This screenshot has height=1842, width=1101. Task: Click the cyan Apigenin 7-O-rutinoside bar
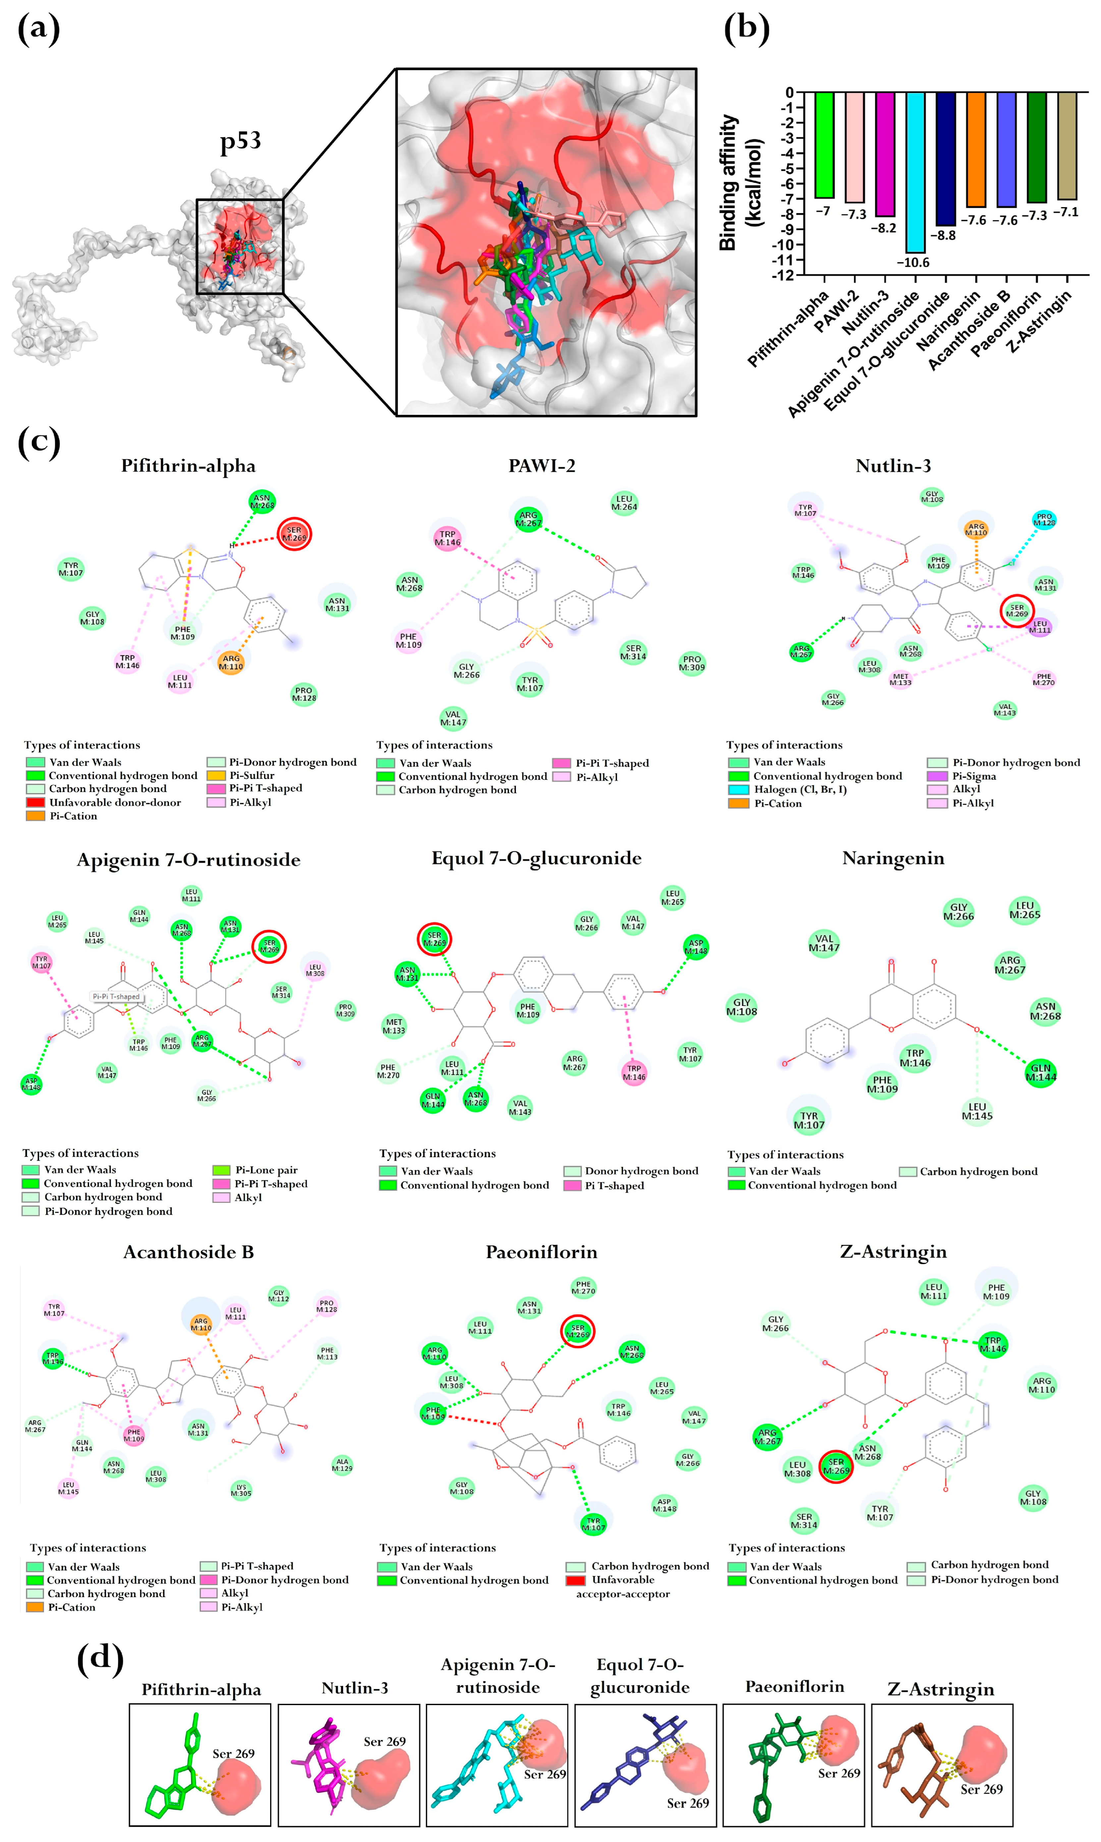pyautogui.click(x=915, y=172)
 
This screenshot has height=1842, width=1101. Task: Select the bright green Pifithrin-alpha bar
pyautogui.click(x=824, y=145)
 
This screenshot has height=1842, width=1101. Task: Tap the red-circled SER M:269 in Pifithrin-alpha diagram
pyautogui.click(x=295, y=534)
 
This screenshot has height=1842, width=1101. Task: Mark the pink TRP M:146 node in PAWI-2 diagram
pyautogui.click(x=447, y=538)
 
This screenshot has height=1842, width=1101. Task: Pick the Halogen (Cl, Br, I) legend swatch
pyautogui.click(x=738, y=789)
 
